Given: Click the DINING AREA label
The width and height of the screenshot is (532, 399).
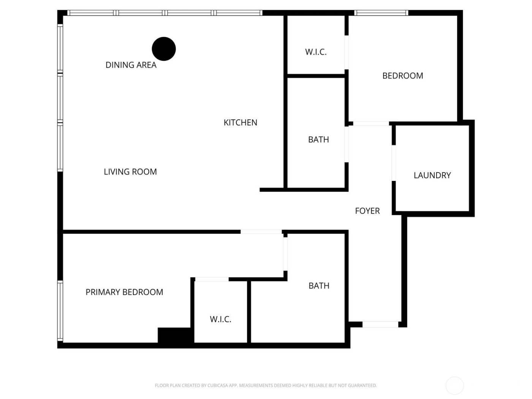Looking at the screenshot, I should pos(131,65).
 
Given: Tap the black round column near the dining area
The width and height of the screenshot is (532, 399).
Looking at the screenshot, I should pos(164,49).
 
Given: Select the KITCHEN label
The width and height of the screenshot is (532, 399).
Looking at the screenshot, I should pos(240,122).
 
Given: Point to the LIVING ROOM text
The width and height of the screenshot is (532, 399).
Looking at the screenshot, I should pos(130,172).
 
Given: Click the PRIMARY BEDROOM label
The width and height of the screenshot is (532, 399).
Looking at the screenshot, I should pos(124,292).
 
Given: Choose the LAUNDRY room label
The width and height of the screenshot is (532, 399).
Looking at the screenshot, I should pos(432,175).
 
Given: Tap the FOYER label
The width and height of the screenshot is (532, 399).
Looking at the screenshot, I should pos(367,211).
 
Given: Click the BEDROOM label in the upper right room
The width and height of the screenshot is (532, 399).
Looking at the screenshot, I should pos(402,76).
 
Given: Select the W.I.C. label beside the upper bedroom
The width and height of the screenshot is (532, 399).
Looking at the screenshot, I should pos(316,52).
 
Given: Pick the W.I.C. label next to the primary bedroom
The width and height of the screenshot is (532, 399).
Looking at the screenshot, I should pos(220,319).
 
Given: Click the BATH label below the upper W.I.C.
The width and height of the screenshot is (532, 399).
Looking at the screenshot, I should pos(318,139).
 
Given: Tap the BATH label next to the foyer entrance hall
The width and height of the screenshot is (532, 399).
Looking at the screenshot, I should pos(319,286).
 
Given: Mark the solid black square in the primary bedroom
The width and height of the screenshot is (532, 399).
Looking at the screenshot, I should pos(175,336).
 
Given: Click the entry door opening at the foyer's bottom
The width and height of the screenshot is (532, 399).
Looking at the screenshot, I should pos(380,325).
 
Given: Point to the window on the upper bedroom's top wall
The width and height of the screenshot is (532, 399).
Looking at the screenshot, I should pos(381,13).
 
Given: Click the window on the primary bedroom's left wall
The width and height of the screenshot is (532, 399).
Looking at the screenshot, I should pos(60,311).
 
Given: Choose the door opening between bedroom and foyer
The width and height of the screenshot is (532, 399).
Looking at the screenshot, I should pos(371,123).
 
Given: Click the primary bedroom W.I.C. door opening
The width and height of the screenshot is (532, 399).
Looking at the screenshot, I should pos(212,280).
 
